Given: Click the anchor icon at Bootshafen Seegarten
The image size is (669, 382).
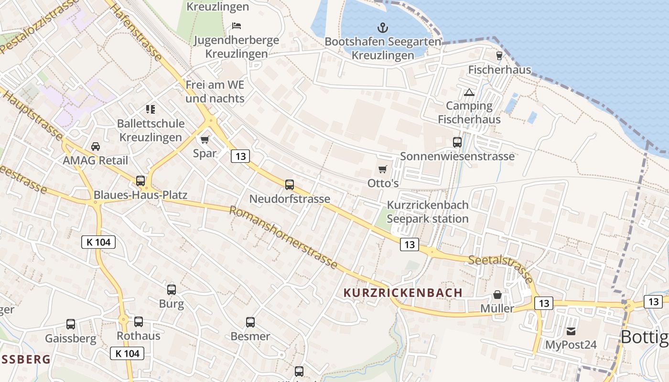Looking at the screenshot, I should click(x=383, y=28).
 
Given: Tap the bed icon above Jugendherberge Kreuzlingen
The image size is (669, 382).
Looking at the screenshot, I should click(x=236, y=25).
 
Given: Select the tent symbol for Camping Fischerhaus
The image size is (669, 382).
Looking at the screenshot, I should click(x=469, y=92).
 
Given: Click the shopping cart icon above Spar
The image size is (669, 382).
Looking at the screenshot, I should click(x=205, y=139).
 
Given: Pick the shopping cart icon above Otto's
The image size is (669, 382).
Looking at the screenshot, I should click(x=383, y=169).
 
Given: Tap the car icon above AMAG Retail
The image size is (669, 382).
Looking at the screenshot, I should click(x=96, y=146).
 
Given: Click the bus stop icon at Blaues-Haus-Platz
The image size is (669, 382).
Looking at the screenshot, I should click(x=140, y=181).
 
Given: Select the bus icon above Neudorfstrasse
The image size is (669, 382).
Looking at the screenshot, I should click(x=290, y=185).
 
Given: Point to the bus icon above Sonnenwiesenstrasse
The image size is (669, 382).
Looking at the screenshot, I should click(x=457, y=142).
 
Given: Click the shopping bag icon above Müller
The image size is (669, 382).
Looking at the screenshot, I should click(x=497, y=295).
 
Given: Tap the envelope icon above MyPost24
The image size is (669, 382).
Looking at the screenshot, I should click(x=571, y=331).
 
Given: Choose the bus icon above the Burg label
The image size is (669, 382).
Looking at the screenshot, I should click(x=172, y=290).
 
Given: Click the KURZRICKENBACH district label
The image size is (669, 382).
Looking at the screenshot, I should click(x=403, y=293).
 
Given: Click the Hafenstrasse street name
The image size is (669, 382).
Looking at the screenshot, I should click(x=137, y=31).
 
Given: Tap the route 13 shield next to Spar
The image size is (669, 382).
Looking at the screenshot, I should click(x=240, y=156).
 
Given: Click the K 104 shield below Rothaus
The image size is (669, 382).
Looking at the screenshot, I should click(x=128, y=353).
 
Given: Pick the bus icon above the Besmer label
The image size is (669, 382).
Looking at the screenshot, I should click(x=250, y=322).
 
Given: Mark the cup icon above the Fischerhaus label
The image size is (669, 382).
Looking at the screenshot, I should click(x=499, y=55).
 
